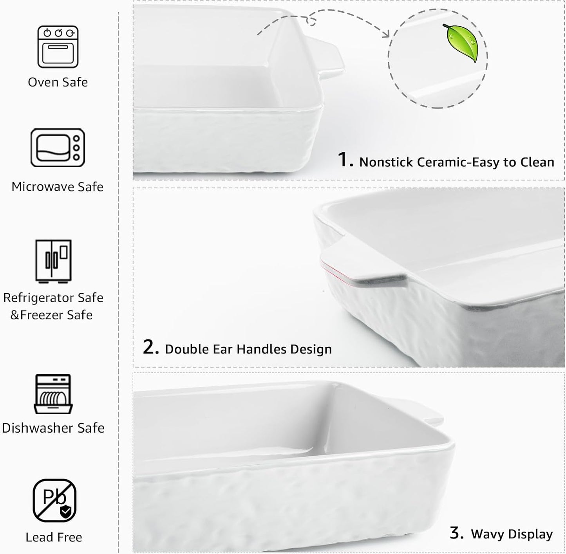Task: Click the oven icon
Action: (58, 47)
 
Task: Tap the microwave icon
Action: (58, 148)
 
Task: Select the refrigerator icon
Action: (53, 261)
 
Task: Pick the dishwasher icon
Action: (53, 394)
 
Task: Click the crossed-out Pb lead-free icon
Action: (54, 500)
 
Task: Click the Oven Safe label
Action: (58, 82)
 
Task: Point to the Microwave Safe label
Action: (57, 187)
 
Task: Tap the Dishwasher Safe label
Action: (53, 428)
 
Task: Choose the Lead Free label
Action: (54, 537)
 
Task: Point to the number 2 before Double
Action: (150, 347)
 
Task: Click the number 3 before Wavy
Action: (456, 533)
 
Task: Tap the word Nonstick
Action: (386, 162)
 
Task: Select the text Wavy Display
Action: (512, 534)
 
